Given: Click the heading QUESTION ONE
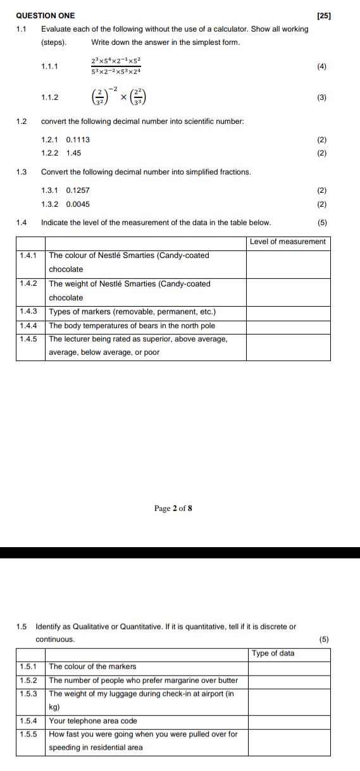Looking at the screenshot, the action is (x=45, y=15).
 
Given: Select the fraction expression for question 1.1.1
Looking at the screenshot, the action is (x=116, y=66).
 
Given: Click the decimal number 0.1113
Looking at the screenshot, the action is (x=78, y=140).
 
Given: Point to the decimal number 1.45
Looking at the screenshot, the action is (x=73, y=153).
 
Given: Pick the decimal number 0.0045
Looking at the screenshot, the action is (x=78, y=204).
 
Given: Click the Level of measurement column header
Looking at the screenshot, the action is (x=288, y=242).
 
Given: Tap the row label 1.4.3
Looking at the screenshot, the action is (x=28, y=312).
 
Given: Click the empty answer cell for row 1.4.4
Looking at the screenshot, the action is (x=288, y=326).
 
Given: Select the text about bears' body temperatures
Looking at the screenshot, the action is (x=132, y=326).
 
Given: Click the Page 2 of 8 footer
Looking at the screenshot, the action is (x=173, y=509).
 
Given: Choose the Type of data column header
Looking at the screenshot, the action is (x=273, y=653).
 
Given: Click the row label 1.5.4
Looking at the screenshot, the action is (x=28, y=721).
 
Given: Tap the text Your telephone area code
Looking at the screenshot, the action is (x=93, y=721).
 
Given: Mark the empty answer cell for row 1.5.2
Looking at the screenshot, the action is (x=289, y=681).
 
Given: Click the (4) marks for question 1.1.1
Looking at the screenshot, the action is (x=322, y=66).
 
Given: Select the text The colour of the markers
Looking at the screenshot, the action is (x=92, y=667).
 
